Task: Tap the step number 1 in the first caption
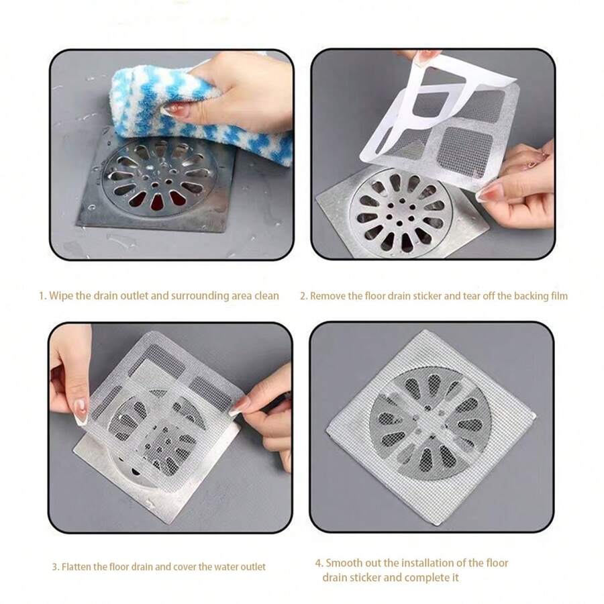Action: click(x=41, y=295)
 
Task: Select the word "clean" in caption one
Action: click(x=266, y=295)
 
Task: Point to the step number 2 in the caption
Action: click(x=303, y=295)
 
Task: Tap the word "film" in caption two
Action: click(x=558, y=295)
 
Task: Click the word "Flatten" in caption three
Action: click(x=77, y=566)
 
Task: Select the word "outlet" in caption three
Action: click(x=252, y=566)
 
